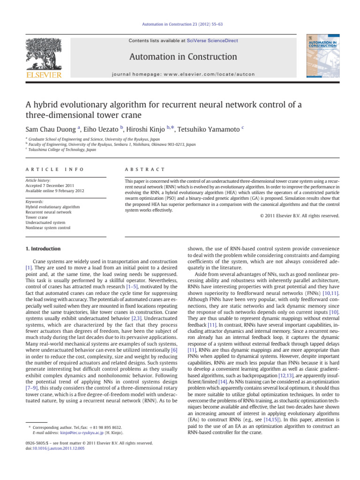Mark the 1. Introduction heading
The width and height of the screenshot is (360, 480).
(x=43, y=248)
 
